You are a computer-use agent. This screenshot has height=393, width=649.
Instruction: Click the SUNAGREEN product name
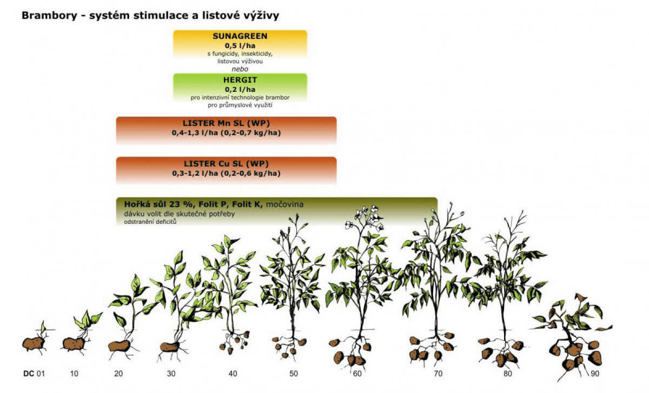[240, 36]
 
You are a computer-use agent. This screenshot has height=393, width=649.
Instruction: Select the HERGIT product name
[240, 80]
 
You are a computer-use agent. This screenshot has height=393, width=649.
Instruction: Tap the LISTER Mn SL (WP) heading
[226, 123]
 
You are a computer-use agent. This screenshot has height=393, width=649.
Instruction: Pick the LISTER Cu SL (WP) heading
[226, 164]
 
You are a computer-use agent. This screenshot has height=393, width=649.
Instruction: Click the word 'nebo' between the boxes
[240, 69]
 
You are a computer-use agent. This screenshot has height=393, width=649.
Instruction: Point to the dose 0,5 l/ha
[240, 46]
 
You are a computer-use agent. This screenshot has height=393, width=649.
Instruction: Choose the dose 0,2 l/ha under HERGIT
[240, 90]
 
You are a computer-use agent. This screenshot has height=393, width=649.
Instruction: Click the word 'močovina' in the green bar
[284, 204]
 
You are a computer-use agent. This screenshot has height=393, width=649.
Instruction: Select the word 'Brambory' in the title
[50, 16]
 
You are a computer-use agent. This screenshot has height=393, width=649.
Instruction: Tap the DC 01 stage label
[34, 374]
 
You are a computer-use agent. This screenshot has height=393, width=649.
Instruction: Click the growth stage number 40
[233, 374]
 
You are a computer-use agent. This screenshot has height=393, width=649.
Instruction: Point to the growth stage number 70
[438, 374]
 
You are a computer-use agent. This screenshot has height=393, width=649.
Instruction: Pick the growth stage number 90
[595, 374]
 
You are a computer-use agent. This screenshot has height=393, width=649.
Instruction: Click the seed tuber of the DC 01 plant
[34, 344]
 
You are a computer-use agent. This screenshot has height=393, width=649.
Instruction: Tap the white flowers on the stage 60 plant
[365, 218]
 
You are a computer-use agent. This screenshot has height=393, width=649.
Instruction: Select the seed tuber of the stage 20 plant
[119, 346]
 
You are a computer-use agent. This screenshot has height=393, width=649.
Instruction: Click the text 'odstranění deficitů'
[150, 222]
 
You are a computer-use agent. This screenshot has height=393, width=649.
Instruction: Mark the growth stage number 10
[74, 374]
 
